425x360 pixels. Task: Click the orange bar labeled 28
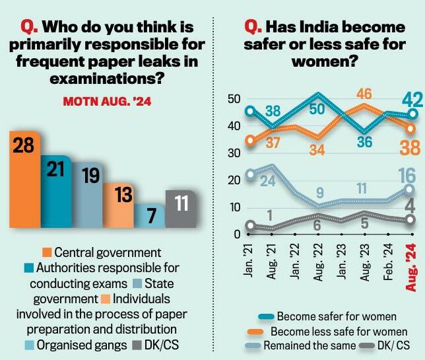pyautogui.click(x=25, y=178)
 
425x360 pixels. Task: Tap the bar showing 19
pyautogui.click(x=86, y=195)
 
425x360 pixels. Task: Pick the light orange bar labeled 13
pyautogui.click(x=118, y=205)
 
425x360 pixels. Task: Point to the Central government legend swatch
pyautogui.click(x=47, y=252)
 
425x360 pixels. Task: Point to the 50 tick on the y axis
pyautogui.click(x=231, y=99)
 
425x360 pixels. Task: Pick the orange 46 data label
pyautogui.click(x=365, y=93)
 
